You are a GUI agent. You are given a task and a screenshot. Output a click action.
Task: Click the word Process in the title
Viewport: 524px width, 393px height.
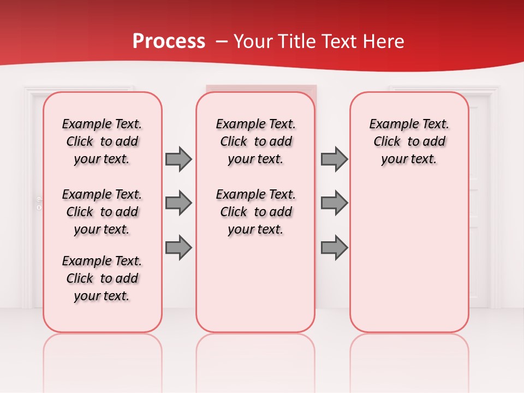click(169, 41)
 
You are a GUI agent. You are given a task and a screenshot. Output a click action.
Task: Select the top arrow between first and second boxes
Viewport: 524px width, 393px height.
click(178, 159)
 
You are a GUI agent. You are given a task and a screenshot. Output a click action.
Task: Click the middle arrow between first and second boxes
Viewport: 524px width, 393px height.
click(178, 203)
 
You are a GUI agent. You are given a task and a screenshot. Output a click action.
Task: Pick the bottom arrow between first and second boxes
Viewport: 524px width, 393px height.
click(178, 248)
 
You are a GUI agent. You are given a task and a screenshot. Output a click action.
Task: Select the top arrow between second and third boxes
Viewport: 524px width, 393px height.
click(334, 159)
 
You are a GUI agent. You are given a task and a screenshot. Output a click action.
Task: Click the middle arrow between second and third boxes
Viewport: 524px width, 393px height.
click(334, 203)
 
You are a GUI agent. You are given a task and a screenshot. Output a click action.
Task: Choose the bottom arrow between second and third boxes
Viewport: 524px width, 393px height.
click(334, 248)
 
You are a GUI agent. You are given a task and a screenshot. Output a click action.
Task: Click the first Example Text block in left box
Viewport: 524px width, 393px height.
click(102, 141)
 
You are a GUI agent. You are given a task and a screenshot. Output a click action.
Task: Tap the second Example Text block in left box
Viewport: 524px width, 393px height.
click(102, 212)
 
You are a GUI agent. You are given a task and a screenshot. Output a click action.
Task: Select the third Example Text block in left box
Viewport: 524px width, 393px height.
click(102, 278)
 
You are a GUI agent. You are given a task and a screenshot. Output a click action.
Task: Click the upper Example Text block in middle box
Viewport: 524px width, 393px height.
click(255, 141)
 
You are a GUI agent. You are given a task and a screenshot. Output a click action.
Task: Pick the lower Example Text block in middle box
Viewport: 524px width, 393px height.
click(255, 212)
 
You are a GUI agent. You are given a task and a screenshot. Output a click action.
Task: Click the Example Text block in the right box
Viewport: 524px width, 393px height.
click(409, 141)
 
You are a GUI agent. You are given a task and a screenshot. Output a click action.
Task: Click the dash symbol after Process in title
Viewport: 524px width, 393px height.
click(221, 41)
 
